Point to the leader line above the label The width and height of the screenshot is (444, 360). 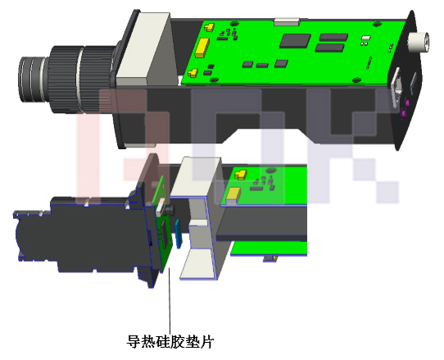tap(170, 303)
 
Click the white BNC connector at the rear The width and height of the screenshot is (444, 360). tap(421, 40)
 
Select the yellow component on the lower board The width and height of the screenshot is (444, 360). tap(234, 194)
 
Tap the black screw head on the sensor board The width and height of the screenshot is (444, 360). tap(165, 212)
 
